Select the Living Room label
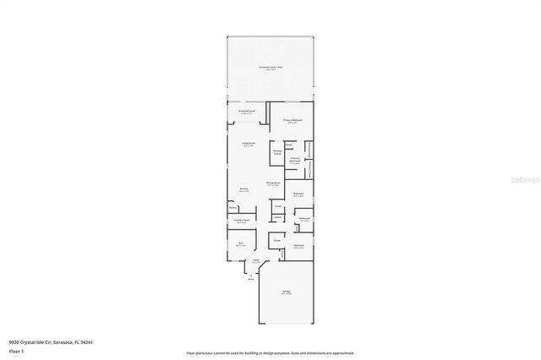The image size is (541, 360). (249, 145)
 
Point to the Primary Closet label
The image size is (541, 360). (276, 152)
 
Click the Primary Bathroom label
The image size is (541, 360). (295, 160)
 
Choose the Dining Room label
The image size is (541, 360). (273, 183)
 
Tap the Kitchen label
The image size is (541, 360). (243, 190)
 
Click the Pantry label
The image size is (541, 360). (232, 207)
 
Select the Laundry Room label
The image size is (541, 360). (241, 221)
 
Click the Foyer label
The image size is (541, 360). (254, 261)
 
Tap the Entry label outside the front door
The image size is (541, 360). (250, 278)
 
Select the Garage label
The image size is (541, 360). (287, 292)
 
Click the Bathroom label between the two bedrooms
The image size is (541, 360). (304, 220)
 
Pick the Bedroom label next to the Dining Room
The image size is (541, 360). (298, 195)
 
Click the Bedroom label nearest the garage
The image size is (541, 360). (298, 247)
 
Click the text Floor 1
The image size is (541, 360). (17, 349)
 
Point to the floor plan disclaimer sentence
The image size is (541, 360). (270, 352)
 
